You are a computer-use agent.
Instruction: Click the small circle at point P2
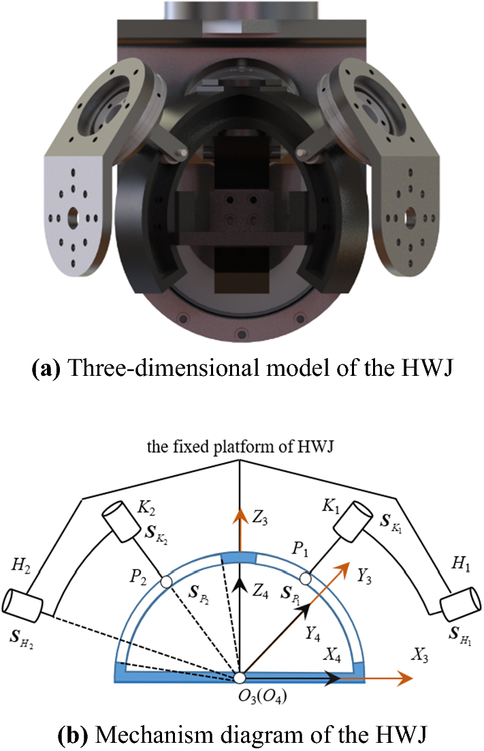tap(165, 582)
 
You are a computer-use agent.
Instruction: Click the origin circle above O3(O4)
tap(240, 677)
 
